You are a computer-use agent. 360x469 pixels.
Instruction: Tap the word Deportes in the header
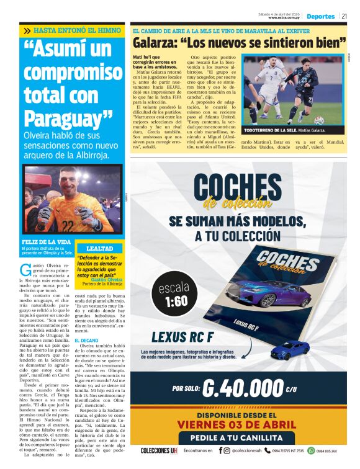click(320, 16)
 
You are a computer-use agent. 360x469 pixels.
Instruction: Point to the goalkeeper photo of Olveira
click(65, 200)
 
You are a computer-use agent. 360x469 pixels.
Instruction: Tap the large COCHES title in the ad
click(237, 187)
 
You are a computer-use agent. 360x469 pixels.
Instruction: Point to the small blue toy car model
click(289, 349)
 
